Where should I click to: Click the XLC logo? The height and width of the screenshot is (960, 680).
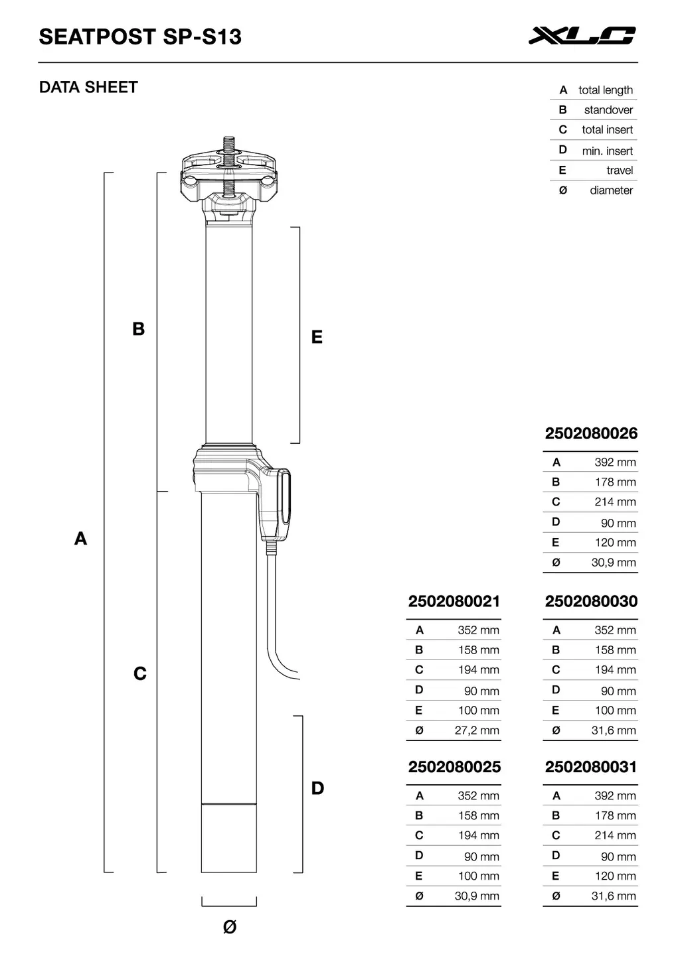pyautogui.click(x=582, y=36)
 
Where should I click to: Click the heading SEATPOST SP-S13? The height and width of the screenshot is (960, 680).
pyautogui.click(x=140, y=36)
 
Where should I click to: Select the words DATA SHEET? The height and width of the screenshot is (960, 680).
pyautogui.click(x=88, y=87)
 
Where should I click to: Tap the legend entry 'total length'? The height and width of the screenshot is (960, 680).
pyautogui.click(x=605, y=90)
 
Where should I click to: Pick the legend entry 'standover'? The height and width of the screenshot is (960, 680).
pyautogui.click(x=608, y=110)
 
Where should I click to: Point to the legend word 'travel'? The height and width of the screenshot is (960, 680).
pyautogui.click(x=619, y=171)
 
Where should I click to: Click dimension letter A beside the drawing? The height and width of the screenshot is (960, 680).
pyautogui.click(x=80, y=538)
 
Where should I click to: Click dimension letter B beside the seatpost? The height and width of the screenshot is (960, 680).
pyautogui.click(x=138, y=329)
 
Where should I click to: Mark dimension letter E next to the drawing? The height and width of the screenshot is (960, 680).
pyautogui.click(x=317, y=337)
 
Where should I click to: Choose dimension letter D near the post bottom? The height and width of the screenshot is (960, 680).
pyautogui.click(x=317, y=788)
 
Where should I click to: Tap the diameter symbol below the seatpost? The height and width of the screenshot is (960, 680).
pyautogui.click(x=229, y=927)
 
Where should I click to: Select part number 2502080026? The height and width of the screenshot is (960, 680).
pyautogui.click(x=591, y=434)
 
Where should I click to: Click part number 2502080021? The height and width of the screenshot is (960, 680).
pyautogui.click(x=454, y=602)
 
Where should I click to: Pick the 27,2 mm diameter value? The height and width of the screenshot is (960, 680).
pyautogui.click(x=477, y=730)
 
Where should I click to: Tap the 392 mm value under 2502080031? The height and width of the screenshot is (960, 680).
pyautogui.click(x=615, y=795)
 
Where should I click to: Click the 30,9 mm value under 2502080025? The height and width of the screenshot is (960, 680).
pyautogui.click(x=477, y=896)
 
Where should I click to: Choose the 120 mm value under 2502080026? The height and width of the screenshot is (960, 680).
pyautogui.click(x=615, y=543)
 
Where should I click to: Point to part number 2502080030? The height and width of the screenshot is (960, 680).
pyautogui.click(x=591, y=602)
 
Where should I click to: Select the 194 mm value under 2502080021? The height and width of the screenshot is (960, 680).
pyautogui.click(x=478, y=670)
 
